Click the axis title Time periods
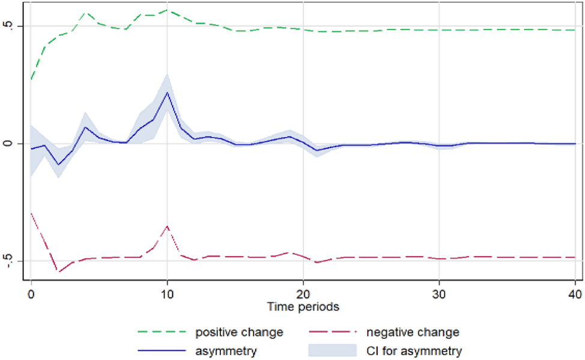click(x=303, y=307)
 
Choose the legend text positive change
click(x=238, y=332)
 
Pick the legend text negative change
click(x=413, y=332)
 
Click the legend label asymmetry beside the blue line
click(x=226, y=351)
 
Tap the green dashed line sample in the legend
click(x=162, y=332)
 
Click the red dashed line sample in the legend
click(x=333, y=332)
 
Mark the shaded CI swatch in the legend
click(x=333, y=351)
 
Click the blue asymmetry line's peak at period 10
click(x=167, y=92)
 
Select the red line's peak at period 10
click(x=167, y=226)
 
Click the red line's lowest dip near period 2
click(x=59, y=272)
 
